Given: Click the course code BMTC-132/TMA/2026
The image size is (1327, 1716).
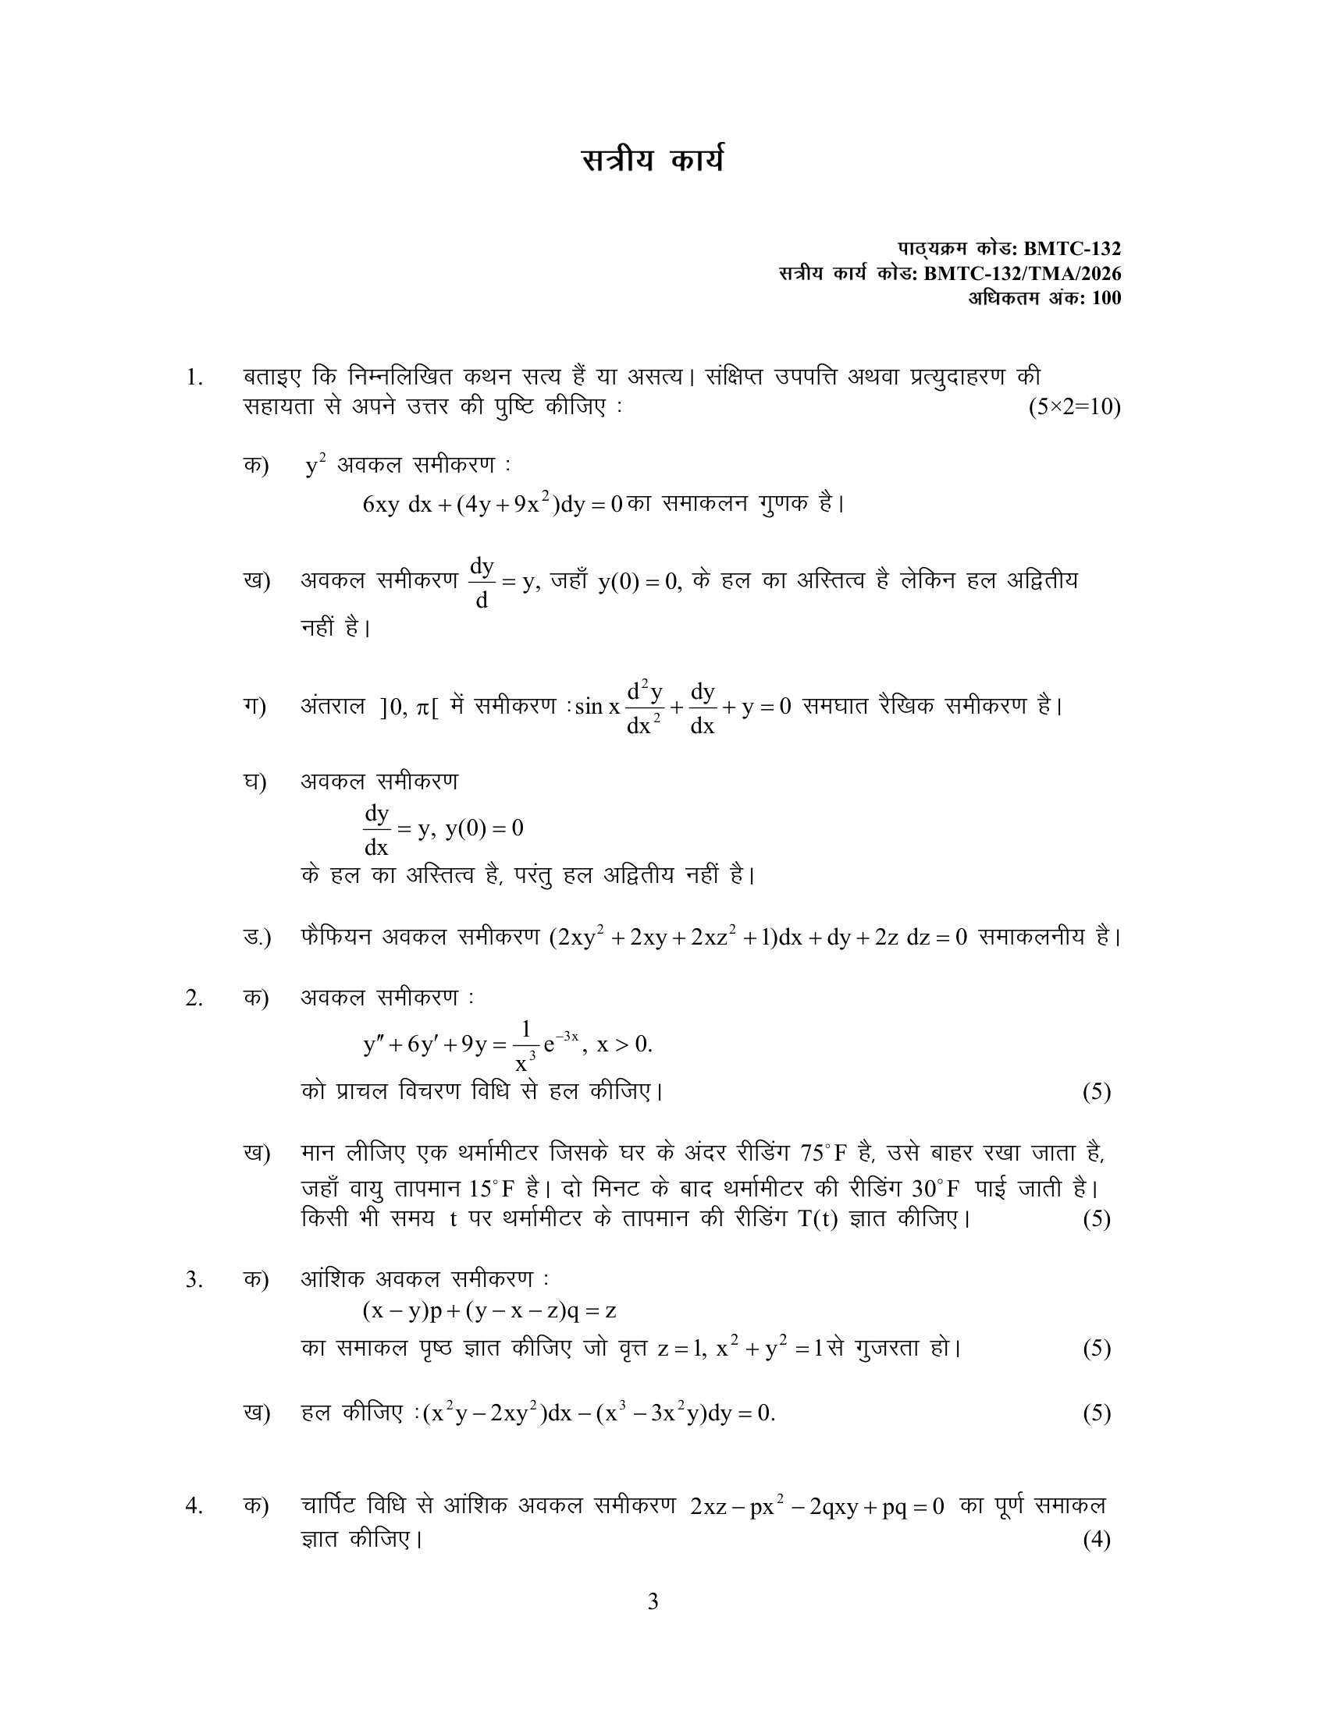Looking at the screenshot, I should tap(1022, 274).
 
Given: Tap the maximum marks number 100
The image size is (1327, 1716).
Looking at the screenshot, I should tap(1106, 298).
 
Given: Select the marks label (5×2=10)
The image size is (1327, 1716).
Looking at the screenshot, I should tap(1074, 408).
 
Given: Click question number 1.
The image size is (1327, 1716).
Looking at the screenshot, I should tap(194, 378).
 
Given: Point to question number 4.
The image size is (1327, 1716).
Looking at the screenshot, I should tap(194, 1505).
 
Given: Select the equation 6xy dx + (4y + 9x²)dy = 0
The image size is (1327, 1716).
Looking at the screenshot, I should tap(493, 504).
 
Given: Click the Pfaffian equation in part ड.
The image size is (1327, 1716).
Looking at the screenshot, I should tap(758, 938).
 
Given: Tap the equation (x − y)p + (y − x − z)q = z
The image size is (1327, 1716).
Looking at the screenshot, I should tap(489, 1310).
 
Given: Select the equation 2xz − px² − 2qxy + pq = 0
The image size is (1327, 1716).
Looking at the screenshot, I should tap(816, 1507).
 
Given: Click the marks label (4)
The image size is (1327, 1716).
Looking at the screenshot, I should tap(1096, 1539).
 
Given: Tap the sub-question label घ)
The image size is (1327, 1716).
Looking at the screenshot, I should tap(254, 782).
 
